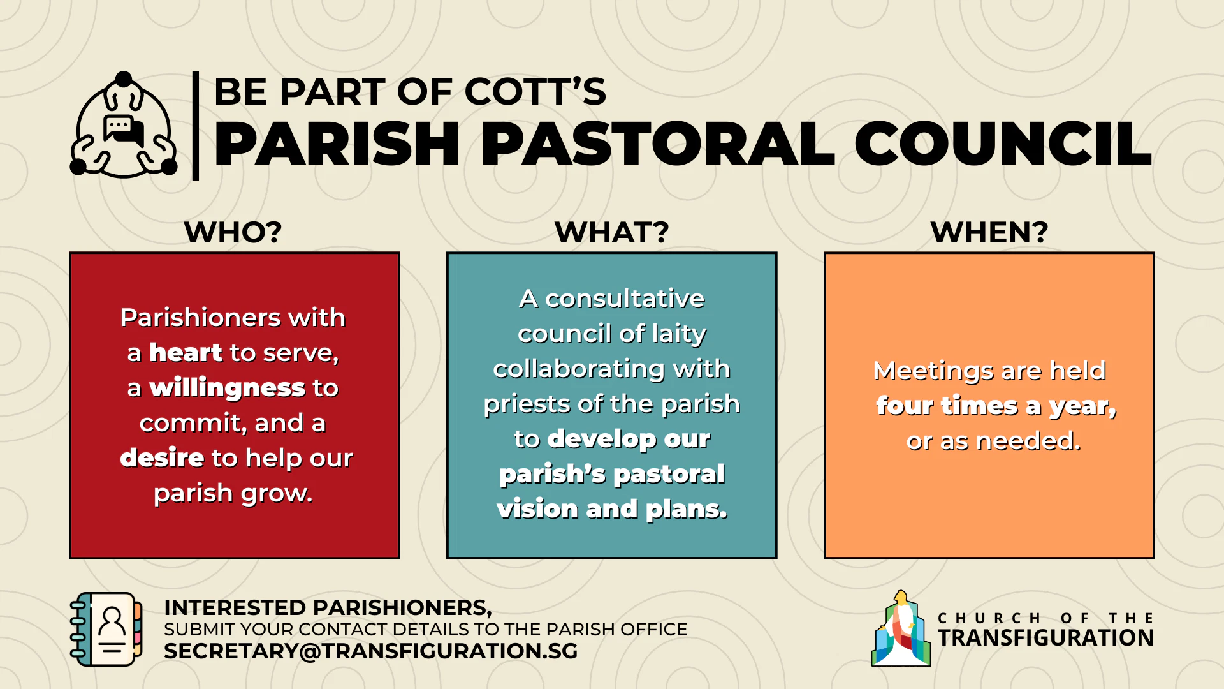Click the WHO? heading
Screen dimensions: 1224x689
pyautogui.click(x=233, y=232)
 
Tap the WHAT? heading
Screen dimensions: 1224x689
pyautogui.click(x=612, y=232)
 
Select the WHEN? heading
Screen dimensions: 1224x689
pyautogui.click(x=989, y=232)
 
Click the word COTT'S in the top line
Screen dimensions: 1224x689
pyautogui.click(x=535, y=91)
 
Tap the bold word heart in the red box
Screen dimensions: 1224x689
pyautogui.click(x=186, y=352)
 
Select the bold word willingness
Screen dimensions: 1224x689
pyautogui.click(x=227, y=388)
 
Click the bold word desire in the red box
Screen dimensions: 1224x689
pyautogui.click(x=162, y=457)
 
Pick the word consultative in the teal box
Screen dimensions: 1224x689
pyautogui.click(x=625, y=299)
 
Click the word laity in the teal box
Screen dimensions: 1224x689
pyautogui.click(x=679, y=334)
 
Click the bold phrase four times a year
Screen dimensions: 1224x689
pyautogui.click(x=996, y=406)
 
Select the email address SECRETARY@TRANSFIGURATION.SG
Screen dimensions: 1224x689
pyautogui.click(x=370, y=651)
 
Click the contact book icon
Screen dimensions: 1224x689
pyautogui.click(x=106, y=629)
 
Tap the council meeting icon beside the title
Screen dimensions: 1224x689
pyautogui.click(x=124, y=124)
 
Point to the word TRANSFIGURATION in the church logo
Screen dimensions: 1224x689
pyautogui.click(x=1045, y=637)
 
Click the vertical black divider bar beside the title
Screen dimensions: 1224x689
pyautogui.click(x=196, y=125)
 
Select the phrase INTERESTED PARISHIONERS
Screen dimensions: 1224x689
pyautogui.click(x=328, y=607)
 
